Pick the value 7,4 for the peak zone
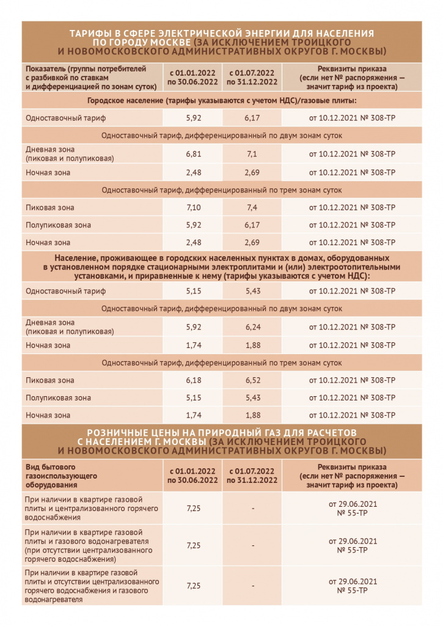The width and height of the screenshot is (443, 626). [x=252, y=208]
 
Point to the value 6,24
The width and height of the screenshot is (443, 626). [x=252, y=328]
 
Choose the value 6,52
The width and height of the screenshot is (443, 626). [x=252, y=381]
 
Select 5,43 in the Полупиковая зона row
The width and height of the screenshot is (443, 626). [x=252, y=398]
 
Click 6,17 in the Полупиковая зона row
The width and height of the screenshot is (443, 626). [x=252, y=226]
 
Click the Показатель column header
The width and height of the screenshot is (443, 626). [x=90, y=77]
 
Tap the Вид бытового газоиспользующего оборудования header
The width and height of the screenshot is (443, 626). [x=58, y=475]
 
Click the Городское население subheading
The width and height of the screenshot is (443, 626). [x=222, y=100]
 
